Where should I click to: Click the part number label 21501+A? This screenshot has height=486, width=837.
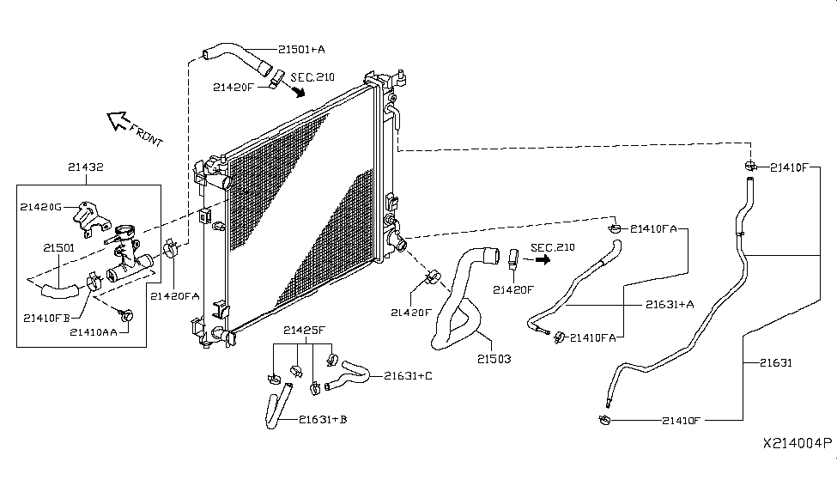point(301,50)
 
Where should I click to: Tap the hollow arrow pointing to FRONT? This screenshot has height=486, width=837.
point(117,121)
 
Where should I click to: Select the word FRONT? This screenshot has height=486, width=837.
point(146,136)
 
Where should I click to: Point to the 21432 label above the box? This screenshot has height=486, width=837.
point(85,167)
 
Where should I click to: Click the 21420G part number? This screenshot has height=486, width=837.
point(41,207)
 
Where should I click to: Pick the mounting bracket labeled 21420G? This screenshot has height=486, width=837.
point(88,218)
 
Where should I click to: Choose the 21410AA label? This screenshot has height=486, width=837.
point(94,332)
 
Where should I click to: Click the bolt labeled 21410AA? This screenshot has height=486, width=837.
point(126,315)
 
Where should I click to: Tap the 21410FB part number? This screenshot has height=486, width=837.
point(47,319)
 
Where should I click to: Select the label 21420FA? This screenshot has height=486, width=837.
point(174,296)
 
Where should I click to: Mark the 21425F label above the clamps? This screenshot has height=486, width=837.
point(304,330)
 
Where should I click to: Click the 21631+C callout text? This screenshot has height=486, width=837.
point(409,376)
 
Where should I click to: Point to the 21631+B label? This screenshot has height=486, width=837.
point(323,419)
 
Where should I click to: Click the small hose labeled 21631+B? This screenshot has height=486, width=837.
point(278,406)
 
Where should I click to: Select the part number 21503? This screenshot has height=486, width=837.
point(494,359)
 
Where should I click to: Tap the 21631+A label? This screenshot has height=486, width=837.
point(670,305)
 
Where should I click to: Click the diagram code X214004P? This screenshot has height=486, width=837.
point(798,443)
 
